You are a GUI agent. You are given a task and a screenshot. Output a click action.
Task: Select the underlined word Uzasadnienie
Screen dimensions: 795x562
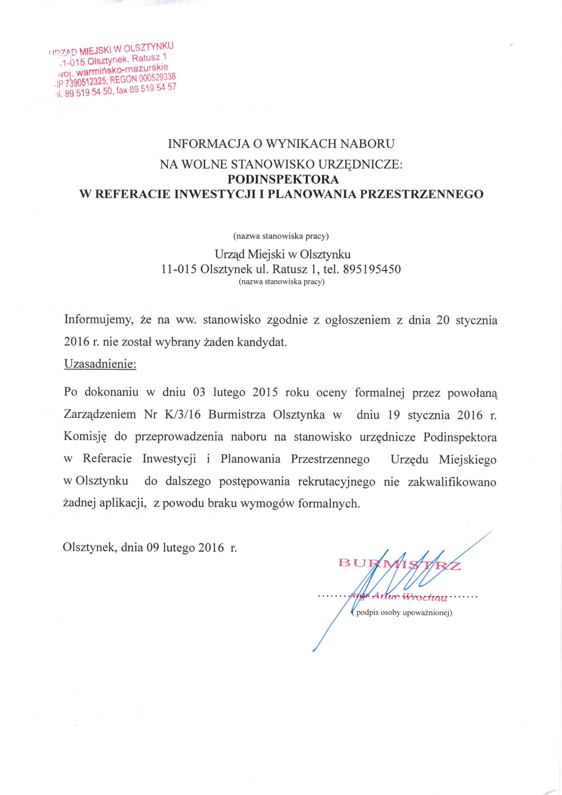pyautogui.click(x=100, y=364)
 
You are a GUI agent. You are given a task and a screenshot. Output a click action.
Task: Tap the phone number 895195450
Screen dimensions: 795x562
pyautogui.click(x=371, y=269)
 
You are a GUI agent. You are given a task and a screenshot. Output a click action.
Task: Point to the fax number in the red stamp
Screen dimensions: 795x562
pyautogui.click(x=155, y=90)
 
